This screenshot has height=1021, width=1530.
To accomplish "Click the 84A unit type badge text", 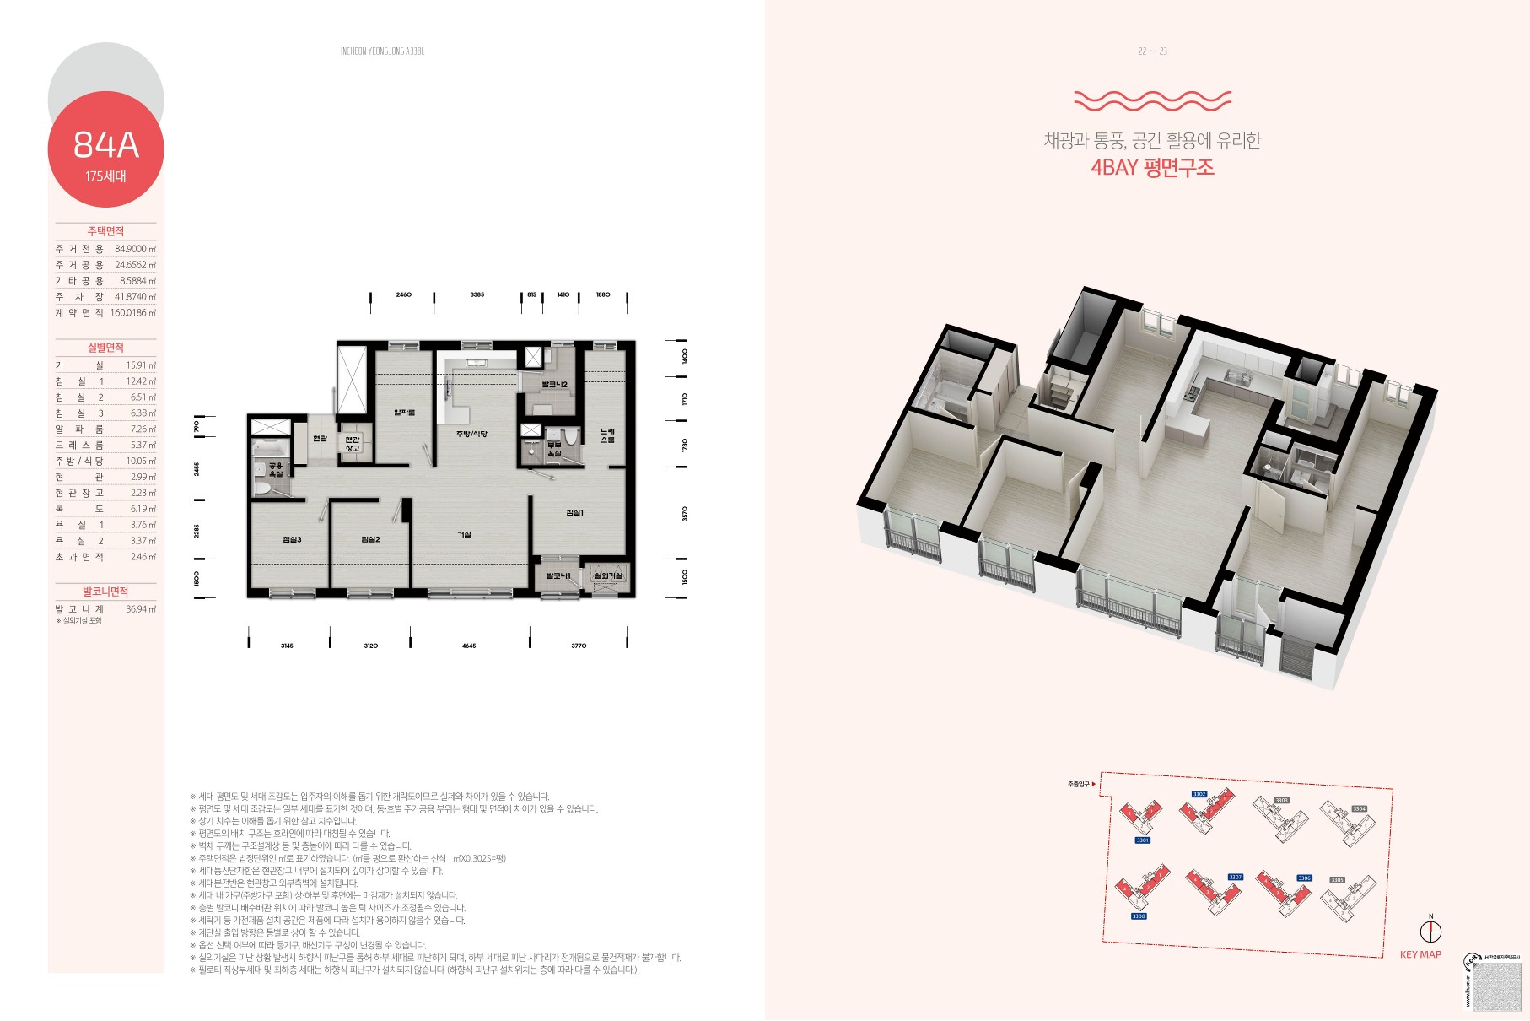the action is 105,145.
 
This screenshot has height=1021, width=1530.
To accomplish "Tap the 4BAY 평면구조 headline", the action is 1152,167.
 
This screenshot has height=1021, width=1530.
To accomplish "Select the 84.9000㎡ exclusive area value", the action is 135,249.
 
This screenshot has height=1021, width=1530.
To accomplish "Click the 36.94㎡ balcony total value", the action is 141,609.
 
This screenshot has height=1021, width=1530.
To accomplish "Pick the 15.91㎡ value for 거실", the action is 141,365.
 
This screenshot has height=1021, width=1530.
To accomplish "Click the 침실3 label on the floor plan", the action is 292,539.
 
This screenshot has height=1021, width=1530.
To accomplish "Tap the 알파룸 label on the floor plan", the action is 405,413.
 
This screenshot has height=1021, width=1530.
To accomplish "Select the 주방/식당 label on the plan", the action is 471,434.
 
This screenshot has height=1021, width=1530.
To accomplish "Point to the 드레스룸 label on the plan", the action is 607,435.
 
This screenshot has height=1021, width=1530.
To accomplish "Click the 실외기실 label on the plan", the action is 608,575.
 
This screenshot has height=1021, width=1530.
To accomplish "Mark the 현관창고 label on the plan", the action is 352,444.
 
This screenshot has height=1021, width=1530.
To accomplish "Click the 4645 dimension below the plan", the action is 469,646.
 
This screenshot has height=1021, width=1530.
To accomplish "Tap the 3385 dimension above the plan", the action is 477,295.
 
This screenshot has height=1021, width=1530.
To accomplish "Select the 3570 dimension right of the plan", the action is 685,513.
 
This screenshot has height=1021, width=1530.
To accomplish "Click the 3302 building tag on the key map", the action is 1199,794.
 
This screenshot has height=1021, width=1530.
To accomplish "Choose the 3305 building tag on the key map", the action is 1337,880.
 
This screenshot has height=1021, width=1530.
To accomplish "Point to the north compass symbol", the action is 1430,932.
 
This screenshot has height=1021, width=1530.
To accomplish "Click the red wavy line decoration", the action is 1152,101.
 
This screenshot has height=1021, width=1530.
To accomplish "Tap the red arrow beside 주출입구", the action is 1094,784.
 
